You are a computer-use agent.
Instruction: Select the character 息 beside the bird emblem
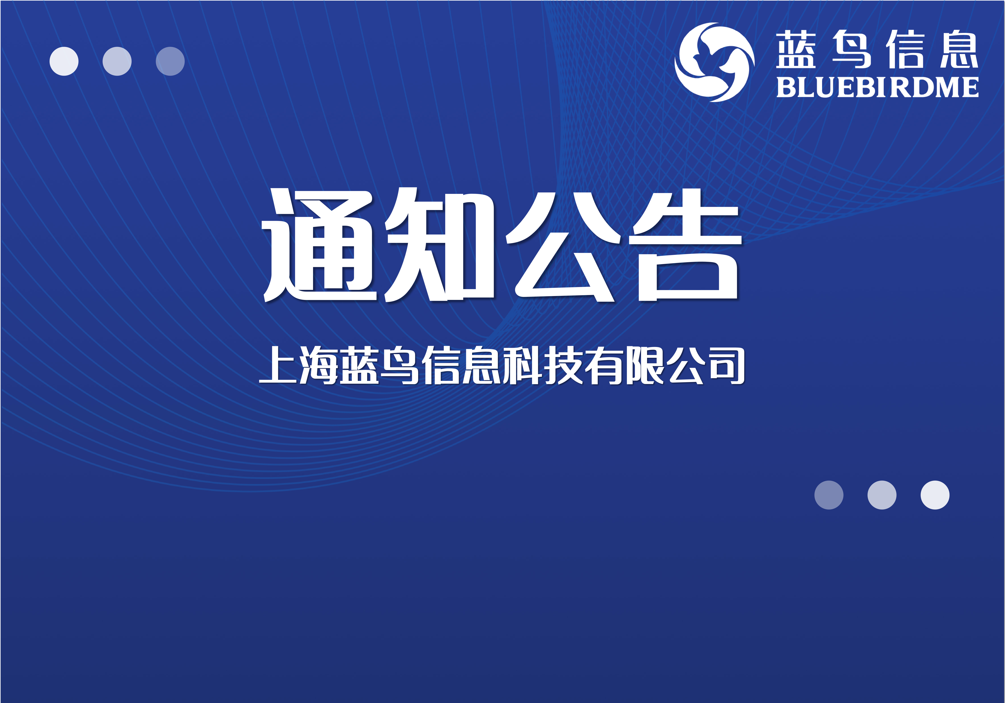[959, 49]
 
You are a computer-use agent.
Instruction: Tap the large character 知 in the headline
[439, 245]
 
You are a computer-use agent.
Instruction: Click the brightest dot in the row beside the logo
[64, 61]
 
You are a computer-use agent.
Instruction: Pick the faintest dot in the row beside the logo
[170, 61]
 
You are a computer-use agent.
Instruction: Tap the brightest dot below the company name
[935, 495]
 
